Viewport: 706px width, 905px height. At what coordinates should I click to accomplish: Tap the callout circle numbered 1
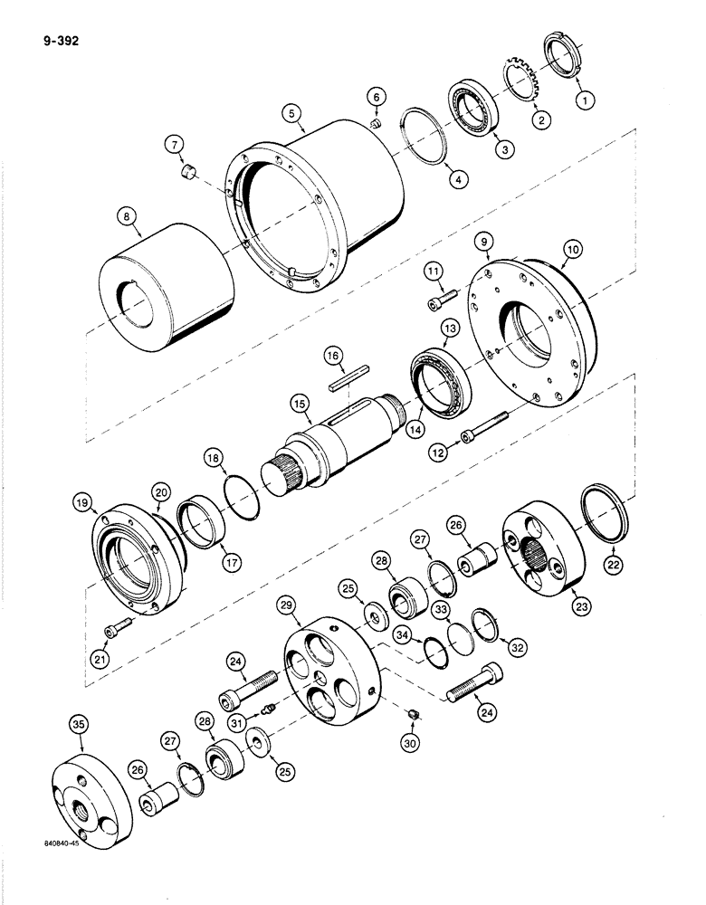coord(587,101)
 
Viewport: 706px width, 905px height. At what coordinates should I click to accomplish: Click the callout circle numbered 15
coord(301,401)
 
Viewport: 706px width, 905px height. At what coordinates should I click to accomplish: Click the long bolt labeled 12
coord(490,424)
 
